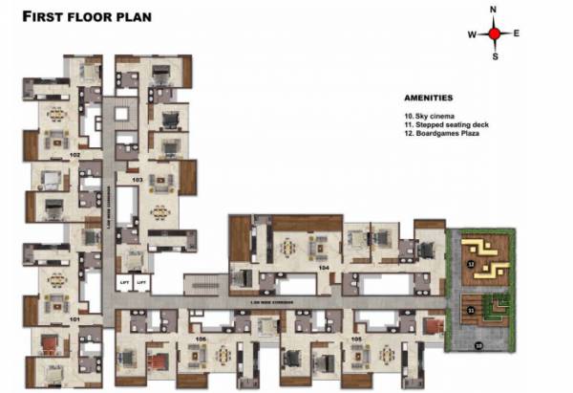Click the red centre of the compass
(x=495, y=33)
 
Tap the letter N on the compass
(x=495, y=10)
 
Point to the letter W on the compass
(x=472, y=34)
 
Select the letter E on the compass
(x=517, y=33)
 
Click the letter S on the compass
(x=495, y=56)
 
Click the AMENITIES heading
(x=429, y=98)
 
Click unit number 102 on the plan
(x=74, y=154)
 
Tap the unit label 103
(x=137, y=180)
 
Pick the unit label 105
(x=355, y=338)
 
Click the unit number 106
(x=200, y=338)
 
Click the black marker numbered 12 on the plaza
(x=470, y=262)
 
